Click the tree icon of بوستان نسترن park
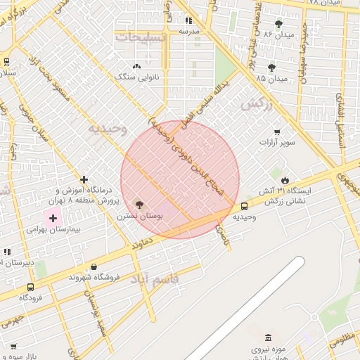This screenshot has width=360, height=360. [x=139, y=205]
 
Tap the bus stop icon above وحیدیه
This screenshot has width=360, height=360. [x=244, y=206]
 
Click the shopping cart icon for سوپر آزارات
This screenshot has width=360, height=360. [x=277, y=131]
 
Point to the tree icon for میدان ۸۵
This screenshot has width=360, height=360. [x=271, y=67]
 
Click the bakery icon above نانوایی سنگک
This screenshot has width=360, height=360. [x=136, y=65]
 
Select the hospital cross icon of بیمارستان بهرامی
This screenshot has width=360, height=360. [x=53, y=218]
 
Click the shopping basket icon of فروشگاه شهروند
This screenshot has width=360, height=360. [x=94, y=266]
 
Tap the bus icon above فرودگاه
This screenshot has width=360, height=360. [x=30, y=287]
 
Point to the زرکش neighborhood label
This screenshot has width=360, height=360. [x=256, y=105]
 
